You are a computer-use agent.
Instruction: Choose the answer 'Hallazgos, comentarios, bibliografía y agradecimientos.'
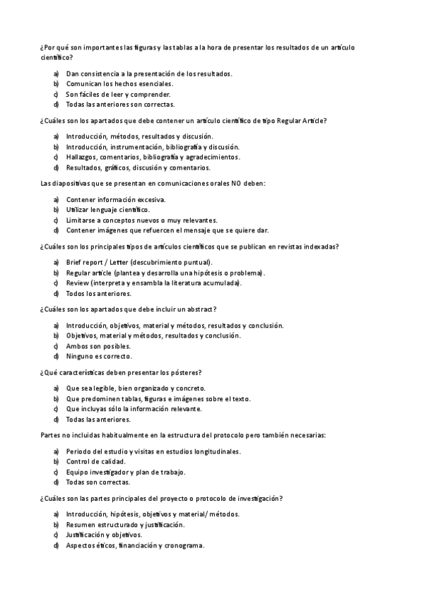click(153, 157)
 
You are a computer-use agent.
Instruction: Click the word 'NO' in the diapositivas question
click(232, 184)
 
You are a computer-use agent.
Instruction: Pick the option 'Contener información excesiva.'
click(115, 199)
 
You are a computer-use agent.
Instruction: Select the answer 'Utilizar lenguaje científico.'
click(107, 210)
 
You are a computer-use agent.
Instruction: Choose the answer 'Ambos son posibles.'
click(98, 346)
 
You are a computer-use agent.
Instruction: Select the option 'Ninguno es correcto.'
click(99, 357)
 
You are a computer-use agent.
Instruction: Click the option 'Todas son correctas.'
click(98, 482)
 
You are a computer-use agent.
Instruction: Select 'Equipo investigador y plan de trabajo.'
click(125, 472)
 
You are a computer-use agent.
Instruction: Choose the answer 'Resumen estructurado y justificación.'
click(125, 525)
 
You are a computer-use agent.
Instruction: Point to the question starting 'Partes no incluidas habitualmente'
click(183, 435)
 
